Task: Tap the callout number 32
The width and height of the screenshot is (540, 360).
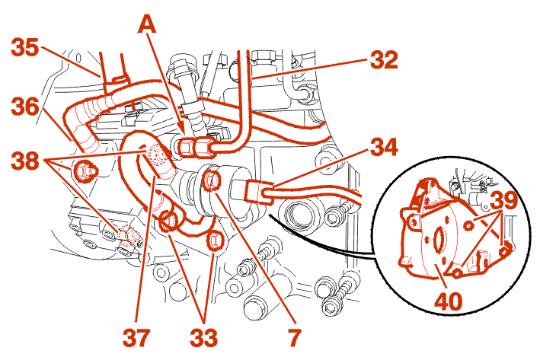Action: (x=384, y=59)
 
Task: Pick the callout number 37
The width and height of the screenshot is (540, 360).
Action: (x=138, y=335)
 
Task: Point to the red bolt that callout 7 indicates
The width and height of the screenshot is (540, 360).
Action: (x=213, y=180)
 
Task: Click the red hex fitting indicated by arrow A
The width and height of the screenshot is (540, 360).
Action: (x=189, y=145)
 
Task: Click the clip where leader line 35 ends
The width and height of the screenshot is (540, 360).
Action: (x=116, y=78)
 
